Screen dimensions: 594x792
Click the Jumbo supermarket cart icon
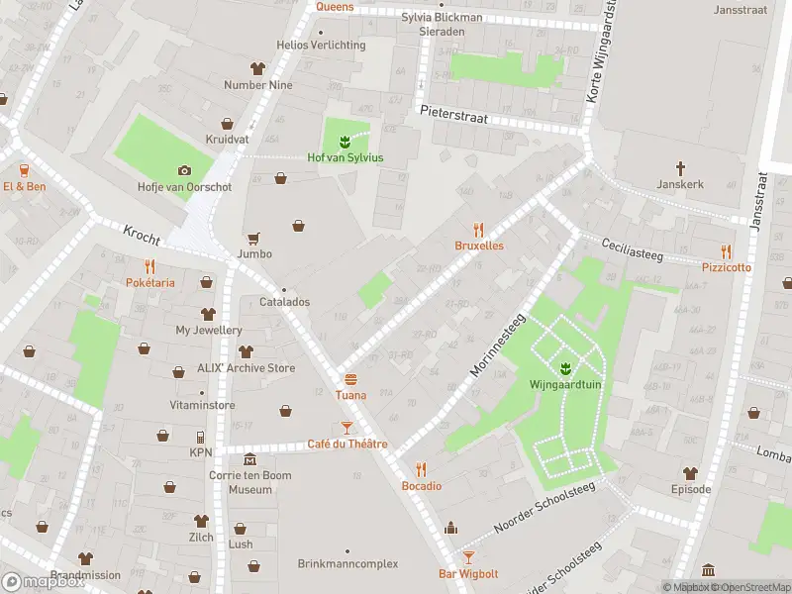pyautogui.click(x=254, y=238)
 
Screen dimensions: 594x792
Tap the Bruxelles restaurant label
pyautogui.click(x=479, y=246)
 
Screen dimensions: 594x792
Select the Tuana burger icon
pyautogui.click(x=350, y=379)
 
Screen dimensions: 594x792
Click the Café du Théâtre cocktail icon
pyautogui.click(x=346, y=428)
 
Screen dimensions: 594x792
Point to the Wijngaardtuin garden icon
pyautogui.click(x=565, y=369)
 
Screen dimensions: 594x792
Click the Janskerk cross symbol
pyautogui.click(x=680, y=168)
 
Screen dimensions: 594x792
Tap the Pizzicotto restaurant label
pyautogui.click(x=727, y=267)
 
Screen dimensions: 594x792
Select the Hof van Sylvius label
pyautogui.click(x=345, y=157)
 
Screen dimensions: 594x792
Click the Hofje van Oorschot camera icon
pyautogui.click(x=183, y=170)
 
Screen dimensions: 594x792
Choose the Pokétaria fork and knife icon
pyautogui.click(x=149, y=266)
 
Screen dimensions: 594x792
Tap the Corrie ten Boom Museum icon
pyautogui.click(x=249, y=460)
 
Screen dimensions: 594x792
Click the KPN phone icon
pyautogui.click(x=201, y=437)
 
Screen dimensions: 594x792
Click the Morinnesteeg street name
pyautogui.click(x=497, y=346)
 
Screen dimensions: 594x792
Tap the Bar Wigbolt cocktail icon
pyautogui.click(x=468, y=557)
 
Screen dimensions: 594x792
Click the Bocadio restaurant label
pyautogui.click(x=421, y=485)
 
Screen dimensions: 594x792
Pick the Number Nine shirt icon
pyautogui.click(x=258, y=68)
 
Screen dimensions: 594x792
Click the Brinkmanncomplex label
pyautogui.click(x=347, y=563)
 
